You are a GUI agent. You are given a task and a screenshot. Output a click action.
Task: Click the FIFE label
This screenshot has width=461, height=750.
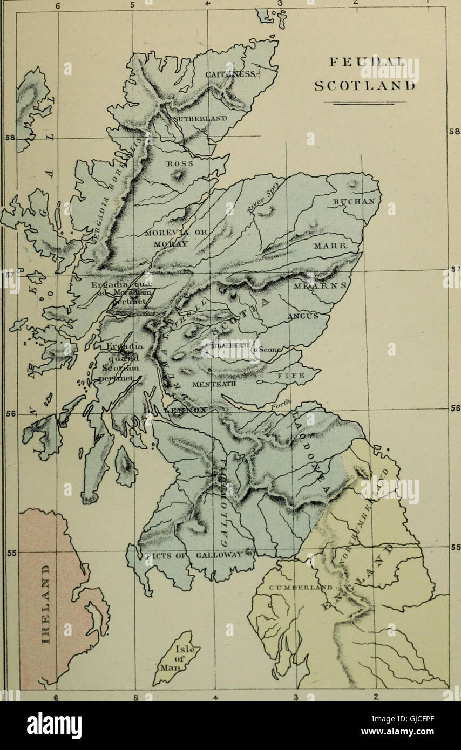coord(291,374)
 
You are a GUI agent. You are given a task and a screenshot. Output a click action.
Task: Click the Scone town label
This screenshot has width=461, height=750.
coord(268,349)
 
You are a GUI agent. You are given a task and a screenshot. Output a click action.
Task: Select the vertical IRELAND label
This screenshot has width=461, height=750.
coord(46,602)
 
